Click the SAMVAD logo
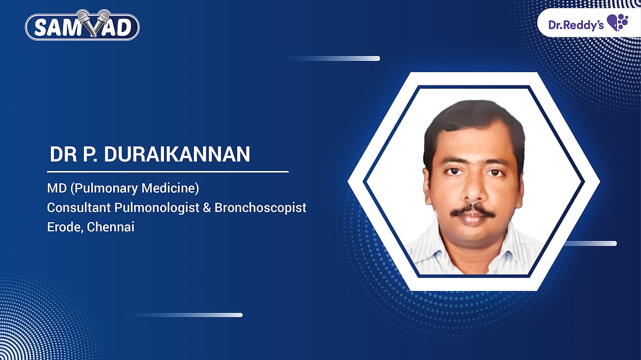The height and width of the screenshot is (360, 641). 82,27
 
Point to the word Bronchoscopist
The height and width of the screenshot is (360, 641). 261,207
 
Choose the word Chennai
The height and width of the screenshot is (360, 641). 111,226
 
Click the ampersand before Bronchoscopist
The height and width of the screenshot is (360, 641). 207,207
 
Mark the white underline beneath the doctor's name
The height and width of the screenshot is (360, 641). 168,172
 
